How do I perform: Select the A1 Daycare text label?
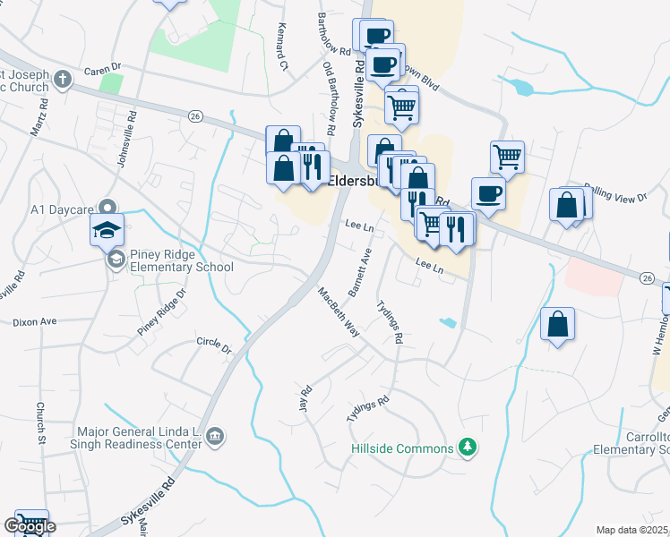point(62,209)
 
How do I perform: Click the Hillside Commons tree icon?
point(466,446)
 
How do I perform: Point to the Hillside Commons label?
point(401,446)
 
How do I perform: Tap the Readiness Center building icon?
point(215,437)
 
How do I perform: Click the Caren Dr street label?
point(102,68)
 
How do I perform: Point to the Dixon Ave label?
point(34,321)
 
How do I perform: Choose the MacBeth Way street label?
point(339,311)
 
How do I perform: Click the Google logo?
point(29,526)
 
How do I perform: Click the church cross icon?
point(62,79)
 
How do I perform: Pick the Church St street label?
point(40,421)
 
